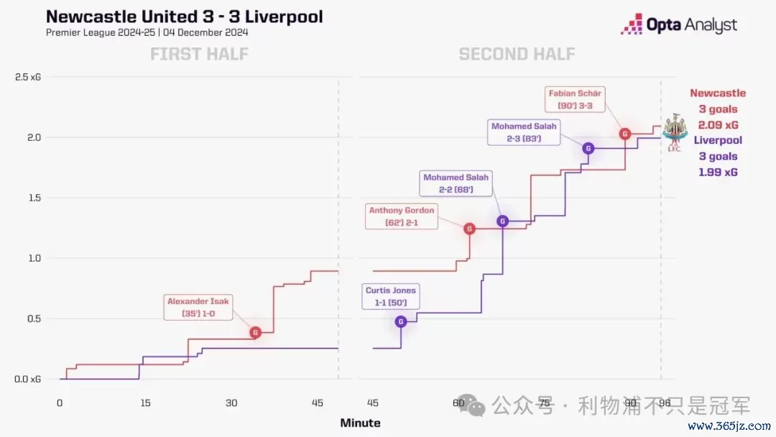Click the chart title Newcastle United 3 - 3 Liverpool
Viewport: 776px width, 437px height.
184,16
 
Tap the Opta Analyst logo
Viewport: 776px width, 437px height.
679,25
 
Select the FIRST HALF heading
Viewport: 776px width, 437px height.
198,54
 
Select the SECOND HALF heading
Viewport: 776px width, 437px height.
517,54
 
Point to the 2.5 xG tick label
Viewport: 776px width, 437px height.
28,77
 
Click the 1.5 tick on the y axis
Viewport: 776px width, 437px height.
33,198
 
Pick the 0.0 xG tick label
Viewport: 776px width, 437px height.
28,379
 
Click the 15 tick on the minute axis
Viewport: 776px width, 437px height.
145,403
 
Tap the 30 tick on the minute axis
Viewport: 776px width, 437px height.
231,403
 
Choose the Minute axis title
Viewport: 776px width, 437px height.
360,423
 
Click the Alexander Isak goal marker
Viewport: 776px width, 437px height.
255,332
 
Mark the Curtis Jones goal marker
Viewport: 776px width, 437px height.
401,321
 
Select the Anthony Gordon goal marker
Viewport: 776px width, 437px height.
469,229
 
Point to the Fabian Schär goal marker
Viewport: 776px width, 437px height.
625,134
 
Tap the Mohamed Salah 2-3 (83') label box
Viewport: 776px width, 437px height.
524,132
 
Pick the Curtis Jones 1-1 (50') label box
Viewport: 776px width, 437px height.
390,296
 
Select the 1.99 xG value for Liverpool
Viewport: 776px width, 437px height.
718,172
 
